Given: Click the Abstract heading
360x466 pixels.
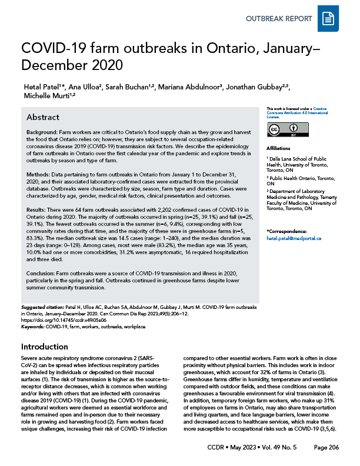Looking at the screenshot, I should tap(43, 116).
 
